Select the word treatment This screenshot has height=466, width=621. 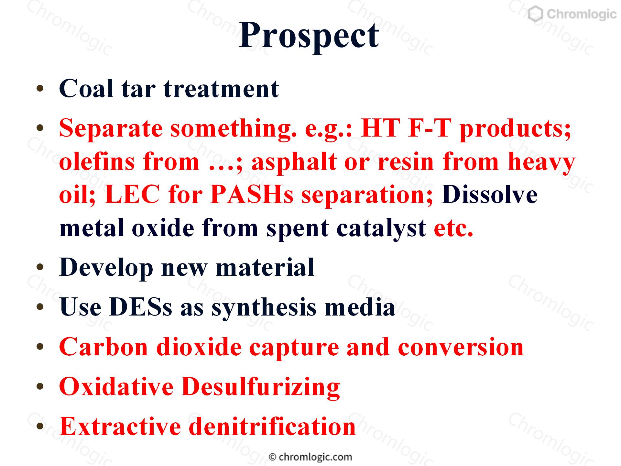click(221, 89)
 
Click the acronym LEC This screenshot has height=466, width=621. click(132, 195)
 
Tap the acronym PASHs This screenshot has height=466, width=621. click(252, 195)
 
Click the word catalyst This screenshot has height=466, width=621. click(381, 228)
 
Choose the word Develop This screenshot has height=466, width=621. click(106, 268)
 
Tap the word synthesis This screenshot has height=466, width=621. click(264, 308)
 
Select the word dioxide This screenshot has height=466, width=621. click(199, 347)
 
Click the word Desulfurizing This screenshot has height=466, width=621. click(261, 387)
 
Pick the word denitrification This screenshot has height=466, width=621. click(272, 426)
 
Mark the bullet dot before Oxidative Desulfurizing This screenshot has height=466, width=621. click(40, 387)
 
